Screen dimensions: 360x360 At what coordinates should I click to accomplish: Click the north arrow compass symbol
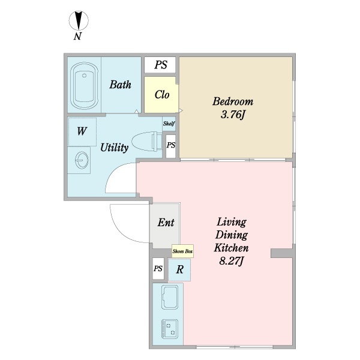click(x=78, y=21)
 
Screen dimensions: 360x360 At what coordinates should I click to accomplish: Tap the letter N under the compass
click(x=78, y=37)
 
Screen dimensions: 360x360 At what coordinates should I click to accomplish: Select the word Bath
click(x=120, y=85)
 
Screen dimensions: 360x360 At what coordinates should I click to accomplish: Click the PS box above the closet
click(x=160, y=65)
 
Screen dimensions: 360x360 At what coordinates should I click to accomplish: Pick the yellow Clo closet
click(x=162, y=95)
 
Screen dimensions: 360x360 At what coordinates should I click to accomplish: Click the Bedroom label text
click(x=233, y=101)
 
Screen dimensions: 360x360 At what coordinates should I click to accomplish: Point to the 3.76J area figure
click(x=233, y=115)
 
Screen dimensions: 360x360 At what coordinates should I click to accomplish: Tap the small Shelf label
click(x=169, y=123)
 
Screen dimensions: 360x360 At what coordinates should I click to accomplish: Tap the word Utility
click(x=113, y=147)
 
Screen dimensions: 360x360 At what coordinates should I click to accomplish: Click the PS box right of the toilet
click(x=171, y=145)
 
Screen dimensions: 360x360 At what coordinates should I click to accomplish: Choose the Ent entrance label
click(x=166, y=223)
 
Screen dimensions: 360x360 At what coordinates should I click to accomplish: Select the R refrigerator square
click(x=179, y=270)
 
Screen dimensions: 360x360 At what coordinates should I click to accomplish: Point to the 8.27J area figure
click(x=232, y=261)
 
